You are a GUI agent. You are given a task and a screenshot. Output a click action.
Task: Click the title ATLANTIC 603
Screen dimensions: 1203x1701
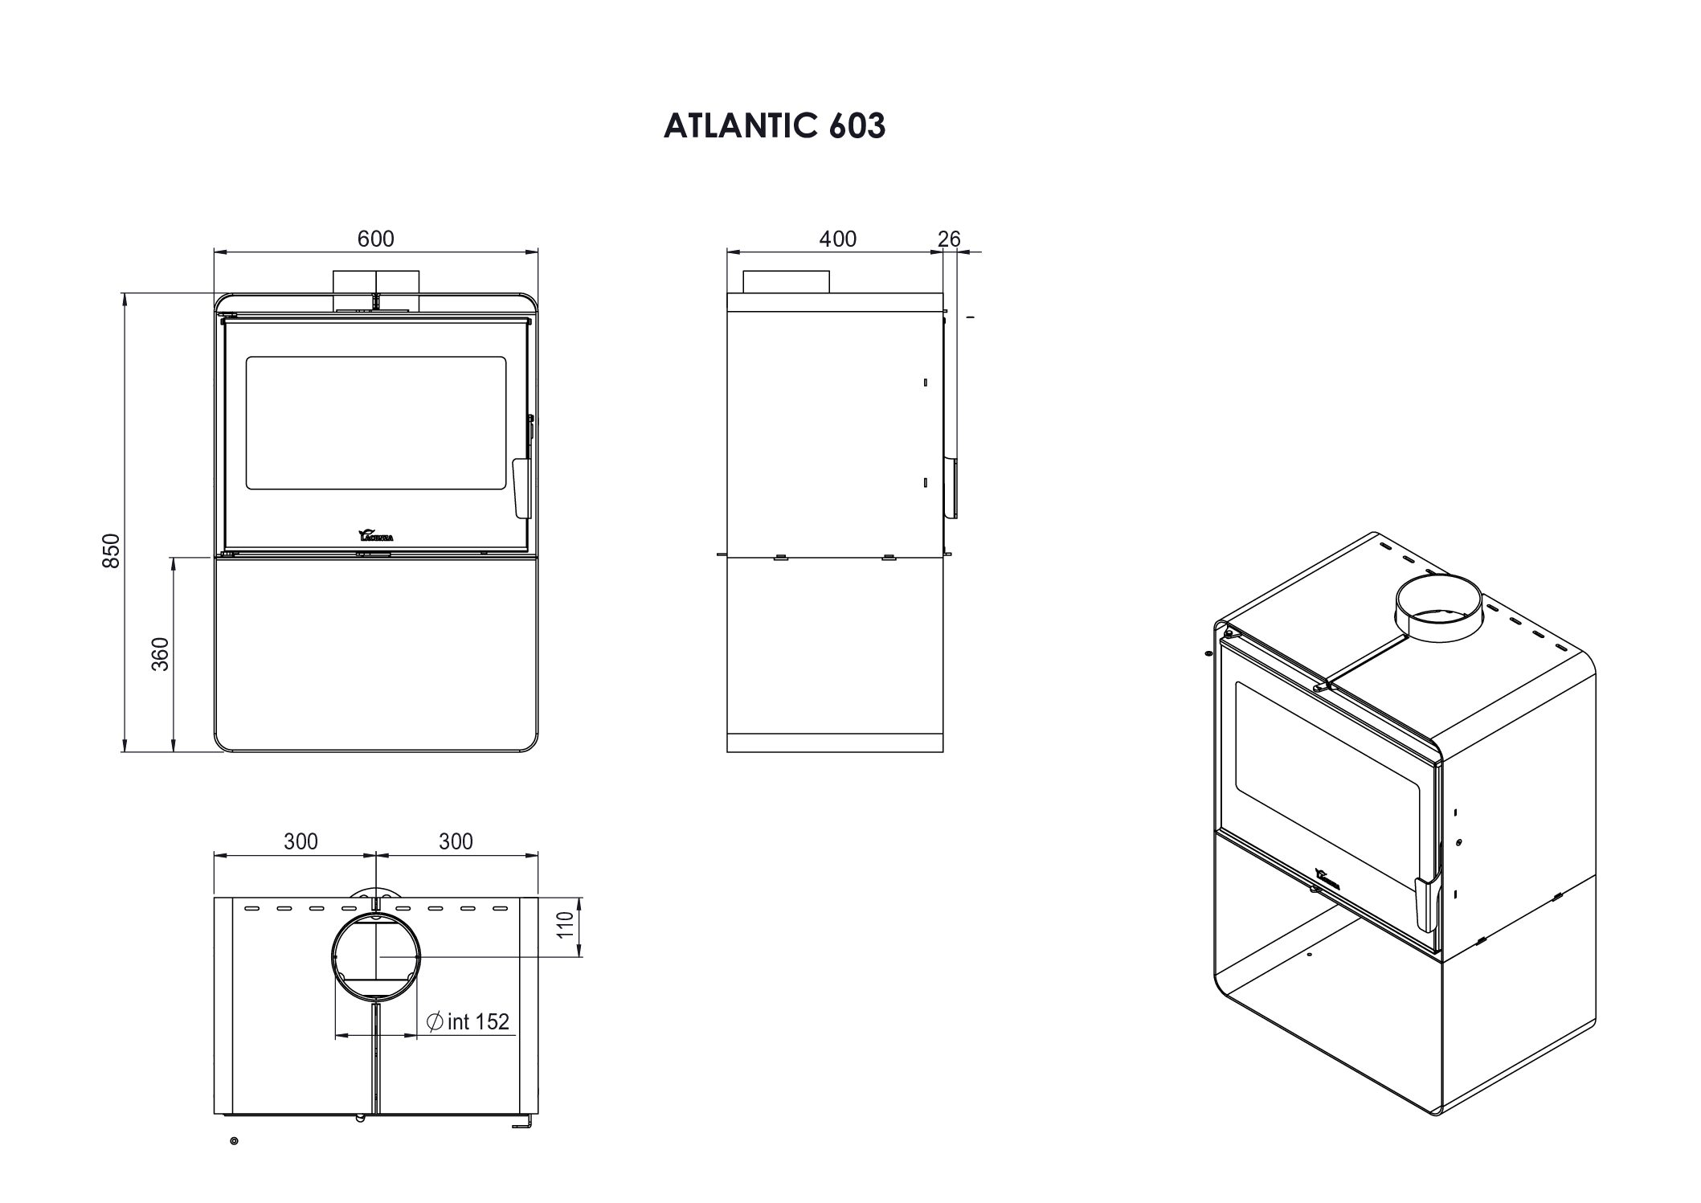(x=774, y=126)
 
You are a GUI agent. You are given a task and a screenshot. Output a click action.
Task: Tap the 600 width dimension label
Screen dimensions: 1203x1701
(x=375, y=239)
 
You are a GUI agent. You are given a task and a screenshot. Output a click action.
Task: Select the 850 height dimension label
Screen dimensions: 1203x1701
(x=112, y=550)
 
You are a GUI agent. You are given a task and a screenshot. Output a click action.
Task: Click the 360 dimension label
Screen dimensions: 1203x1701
(x=161, y=653)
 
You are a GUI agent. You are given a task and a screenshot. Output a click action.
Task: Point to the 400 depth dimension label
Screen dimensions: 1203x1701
(x=837, y=239)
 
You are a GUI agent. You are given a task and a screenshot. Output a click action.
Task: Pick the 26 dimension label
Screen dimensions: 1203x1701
(x=949, y=239)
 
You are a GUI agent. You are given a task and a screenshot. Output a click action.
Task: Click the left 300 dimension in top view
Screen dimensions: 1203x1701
(x=301, y=841)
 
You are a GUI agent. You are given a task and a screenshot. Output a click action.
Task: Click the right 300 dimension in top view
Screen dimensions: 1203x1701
(x=456, y=841)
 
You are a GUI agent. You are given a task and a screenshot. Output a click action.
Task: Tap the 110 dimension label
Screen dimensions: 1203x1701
(x=566, y=926)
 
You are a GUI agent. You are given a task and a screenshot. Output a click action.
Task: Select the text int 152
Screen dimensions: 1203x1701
(x=477, y=1021)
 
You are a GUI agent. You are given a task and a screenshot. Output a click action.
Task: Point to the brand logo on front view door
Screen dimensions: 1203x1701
(x=375, y=535)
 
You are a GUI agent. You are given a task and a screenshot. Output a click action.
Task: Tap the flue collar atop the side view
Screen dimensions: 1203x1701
(x=785, y=282)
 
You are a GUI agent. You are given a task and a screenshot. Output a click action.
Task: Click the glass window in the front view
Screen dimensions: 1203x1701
(x=375, y=424)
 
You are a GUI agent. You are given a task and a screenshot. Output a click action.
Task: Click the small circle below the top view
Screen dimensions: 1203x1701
(x=234, y=1141)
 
